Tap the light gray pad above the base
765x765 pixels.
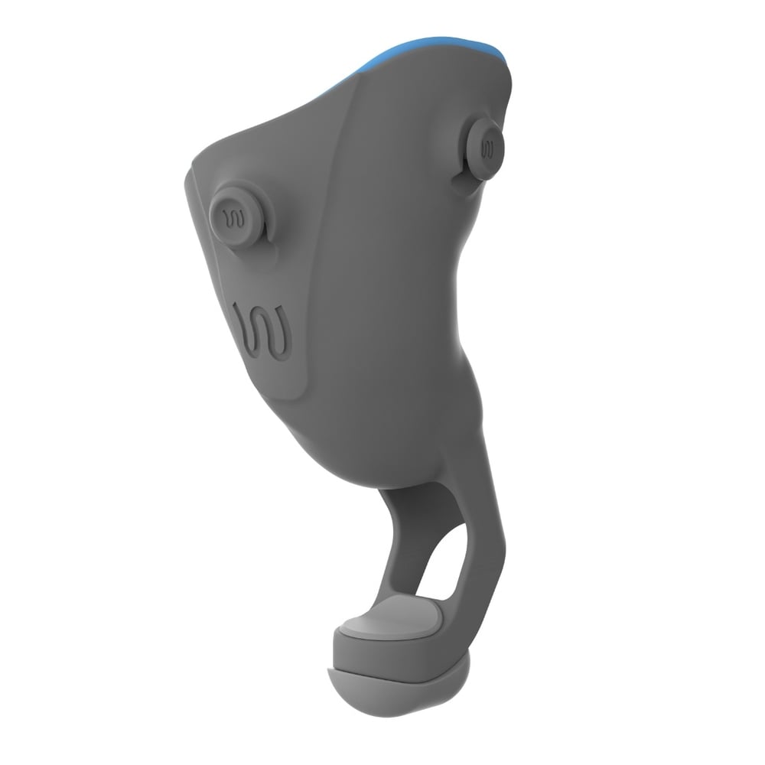390,620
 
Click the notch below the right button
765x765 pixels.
459,184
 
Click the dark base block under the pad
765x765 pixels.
398,654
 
